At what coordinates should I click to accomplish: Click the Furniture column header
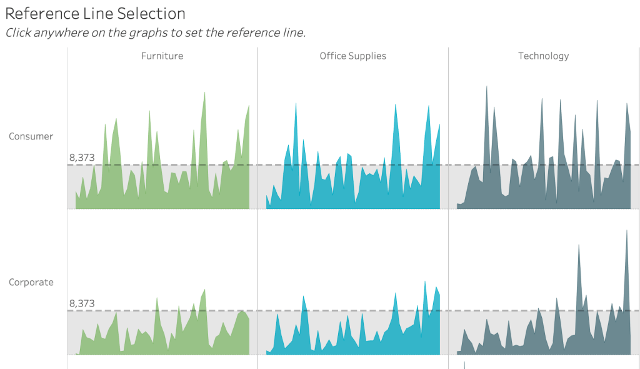(162, 56)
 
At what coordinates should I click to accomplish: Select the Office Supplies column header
(352, 56)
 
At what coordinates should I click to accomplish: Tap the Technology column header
(543, 56)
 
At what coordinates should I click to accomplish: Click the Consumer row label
(31, 136)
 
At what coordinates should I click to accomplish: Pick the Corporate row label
(31, 282)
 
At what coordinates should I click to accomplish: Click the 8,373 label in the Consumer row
(82, 158)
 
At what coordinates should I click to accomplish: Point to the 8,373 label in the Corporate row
(82, 303)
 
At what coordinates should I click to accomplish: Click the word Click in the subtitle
(19, 33)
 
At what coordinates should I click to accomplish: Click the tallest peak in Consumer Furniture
(204, 93)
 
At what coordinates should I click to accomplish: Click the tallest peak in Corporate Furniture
(204, 290)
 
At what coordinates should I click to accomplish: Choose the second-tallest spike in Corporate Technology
(579, 245)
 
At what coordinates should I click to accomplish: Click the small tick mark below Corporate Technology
(464, 365)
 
